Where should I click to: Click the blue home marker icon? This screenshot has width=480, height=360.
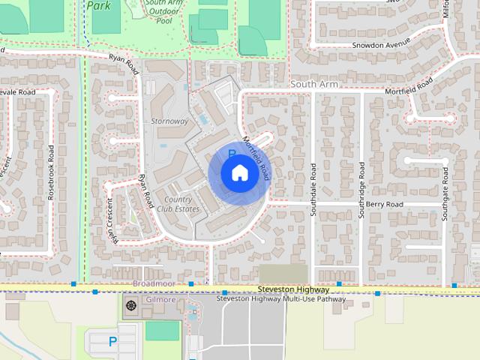pyautogui.click(x=238, y=173)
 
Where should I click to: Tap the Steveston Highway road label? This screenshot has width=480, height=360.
pyautogui.click(x=292, y=289)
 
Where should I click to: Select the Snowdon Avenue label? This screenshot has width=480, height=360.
pyautogui.click(x=382, y=44)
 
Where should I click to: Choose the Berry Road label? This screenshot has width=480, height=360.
pyautogui.click(x=385, y=204)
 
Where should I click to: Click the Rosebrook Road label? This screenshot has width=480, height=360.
pyautogui.click(x=51, y=171)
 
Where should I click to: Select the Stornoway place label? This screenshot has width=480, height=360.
pyautogui.click(x=169, y=121)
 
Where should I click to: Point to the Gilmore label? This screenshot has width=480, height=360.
pyautogui.click(x=160, y=300)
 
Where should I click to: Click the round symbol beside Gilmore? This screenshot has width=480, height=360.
pyautogui.click(x=132, y=304)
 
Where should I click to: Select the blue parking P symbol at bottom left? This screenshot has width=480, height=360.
pyautogui.click(x=112, y=342)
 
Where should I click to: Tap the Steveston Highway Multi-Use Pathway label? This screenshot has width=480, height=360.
pyautogui.click(x=281, y=299)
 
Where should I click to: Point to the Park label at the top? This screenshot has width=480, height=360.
pyautogui.click(x=98, y=5)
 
